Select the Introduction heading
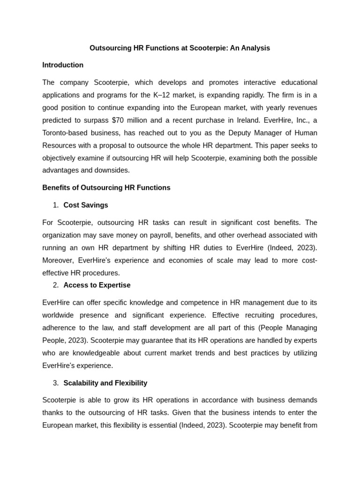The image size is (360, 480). point(63,65)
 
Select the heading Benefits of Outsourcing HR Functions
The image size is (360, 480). point(106,187)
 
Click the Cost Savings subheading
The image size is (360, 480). point(86,205)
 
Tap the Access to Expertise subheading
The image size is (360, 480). point(97,285)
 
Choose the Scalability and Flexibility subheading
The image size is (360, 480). point(105,383)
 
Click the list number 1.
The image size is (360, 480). point(56,205)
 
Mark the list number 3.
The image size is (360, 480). point(56,383)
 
